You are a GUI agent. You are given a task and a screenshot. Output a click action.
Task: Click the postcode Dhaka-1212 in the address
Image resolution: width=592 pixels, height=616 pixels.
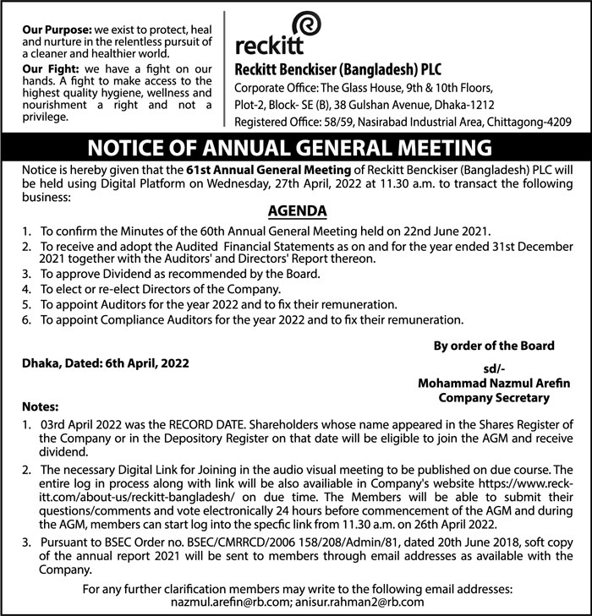[472, 106]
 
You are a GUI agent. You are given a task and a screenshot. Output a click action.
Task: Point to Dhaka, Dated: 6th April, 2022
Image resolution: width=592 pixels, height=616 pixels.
[106, 363]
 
